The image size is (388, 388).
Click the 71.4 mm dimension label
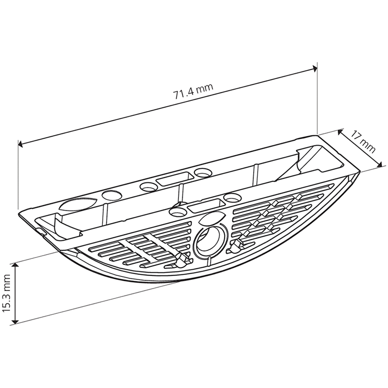pos(193,91)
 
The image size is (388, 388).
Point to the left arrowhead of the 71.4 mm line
pos(21,144)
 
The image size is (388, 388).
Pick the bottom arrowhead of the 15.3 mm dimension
pos(16,320)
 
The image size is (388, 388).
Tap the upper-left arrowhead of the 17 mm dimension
pos(340,132)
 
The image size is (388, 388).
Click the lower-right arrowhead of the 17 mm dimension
pos(380,164)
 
